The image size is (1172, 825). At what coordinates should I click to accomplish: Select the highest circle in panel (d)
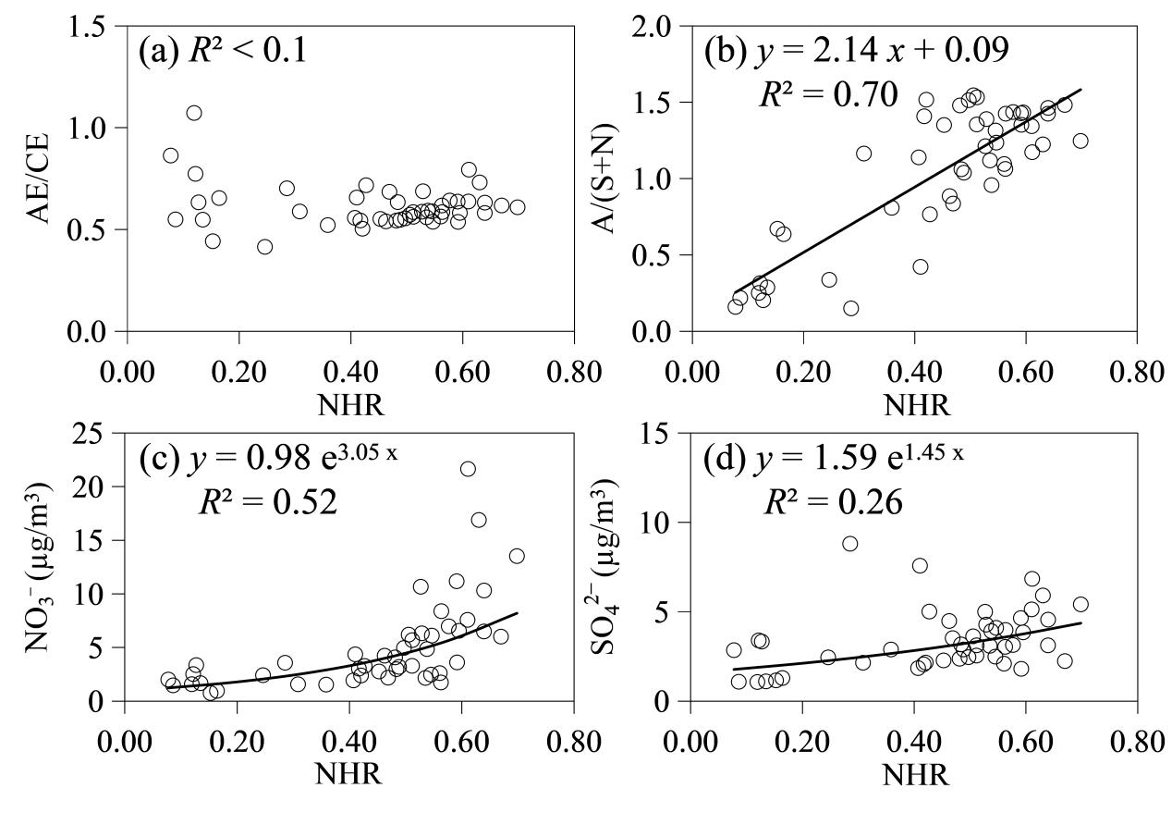[850, 543]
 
